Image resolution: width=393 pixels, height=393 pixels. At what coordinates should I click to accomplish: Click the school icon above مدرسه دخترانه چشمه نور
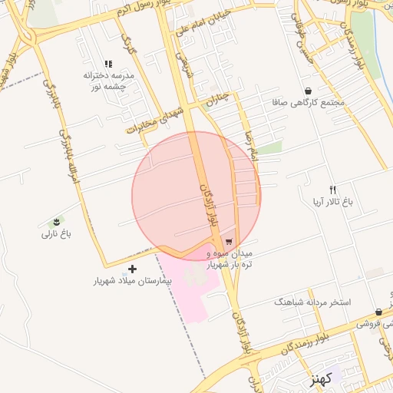point(108,64)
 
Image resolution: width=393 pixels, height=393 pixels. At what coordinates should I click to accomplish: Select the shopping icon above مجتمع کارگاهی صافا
point(308,91)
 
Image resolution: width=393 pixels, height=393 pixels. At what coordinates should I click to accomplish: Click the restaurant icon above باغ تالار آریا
point(332,190)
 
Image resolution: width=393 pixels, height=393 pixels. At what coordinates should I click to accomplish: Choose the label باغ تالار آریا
point(332,202)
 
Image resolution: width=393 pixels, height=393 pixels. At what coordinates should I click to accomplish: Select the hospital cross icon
point(133,269)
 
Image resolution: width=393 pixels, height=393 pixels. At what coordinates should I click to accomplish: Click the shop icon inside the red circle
point(229,241)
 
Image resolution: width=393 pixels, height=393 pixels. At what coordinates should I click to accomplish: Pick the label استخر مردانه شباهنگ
point(312,302)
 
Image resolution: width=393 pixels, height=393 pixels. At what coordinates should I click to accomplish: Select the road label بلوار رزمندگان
point(302,343)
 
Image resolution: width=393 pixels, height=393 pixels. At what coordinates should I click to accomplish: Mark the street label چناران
point(218,98)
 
